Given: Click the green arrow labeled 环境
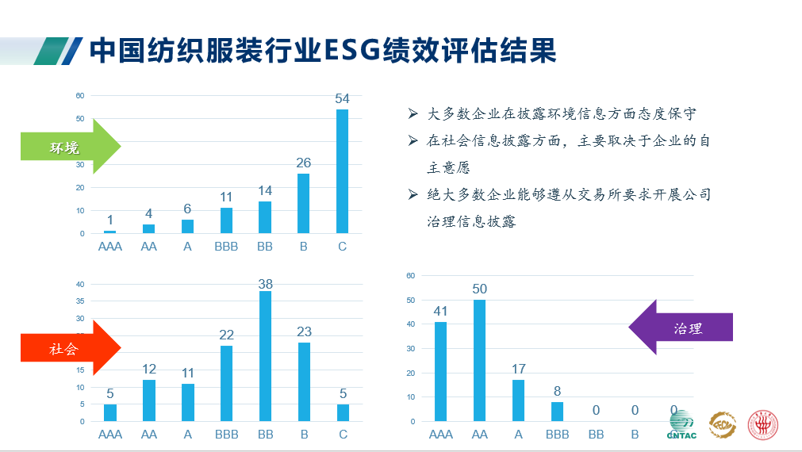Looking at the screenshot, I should pyautogui.click(x=70, y=147).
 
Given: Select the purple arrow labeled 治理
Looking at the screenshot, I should pyautogui.click(x=681, y=327).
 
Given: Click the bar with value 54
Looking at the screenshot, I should pyautogui.click(x=342, y=171).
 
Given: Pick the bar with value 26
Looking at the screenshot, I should pyautogui.click(x=303, y=203).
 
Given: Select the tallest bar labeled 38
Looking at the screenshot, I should pyautogui.click(x=265, y=355).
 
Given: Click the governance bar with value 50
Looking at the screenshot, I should pyautogui.click(x=479, y=360).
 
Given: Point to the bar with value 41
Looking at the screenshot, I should pyautogui.click(x=440, y=371).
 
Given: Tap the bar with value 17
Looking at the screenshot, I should pyautogui.click(x=518, y=400).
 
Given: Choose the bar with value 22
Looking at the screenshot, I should pyautogui.click(x=227, y=383).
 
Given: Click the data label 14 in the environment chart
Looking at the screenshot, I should pyautogui.click(x=265, y=191).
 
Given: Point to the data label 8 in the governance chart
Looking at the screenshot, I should pyautogui.click(x=557, y=392).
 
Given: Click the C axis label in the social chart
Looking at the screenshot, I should pyautogui.click(x=342, y=435).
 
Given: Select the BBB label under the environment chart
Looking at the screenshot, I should pyautogui.click(x=226, y=247).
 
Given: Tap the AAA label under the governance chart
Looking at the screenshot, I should pyautogui.click(x=440, y=435).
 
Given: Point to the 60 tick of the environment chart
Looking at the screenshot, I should pyautogui.click(x=80, y=96).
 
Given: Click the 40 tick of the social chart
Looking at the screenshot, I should pyautogui.click(x=80, y=284).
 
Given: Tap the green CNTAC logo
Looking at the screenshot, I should pyautogui.click(x=681, y=426).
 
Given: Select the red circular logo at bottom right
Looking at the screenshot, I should pyautogui.click(x=765, y=425).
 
